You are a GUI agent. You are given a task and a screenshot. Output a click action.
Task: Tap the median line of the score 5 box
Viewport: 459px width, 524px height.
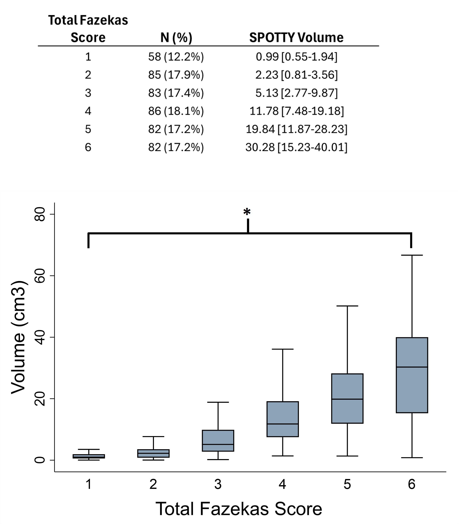(x=347, y=399)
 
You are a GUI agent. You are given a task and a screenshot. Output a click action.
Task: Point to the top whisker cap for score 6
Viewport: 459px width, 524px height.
(x=412, y=255)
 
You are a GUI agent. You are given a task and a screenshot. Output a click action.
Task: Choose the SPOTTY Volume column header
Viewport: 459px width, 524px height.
(x=296, y=38)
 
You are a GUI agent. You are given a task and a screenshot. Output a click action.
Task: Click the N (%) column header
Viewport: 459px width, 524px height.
(x=176, y=38)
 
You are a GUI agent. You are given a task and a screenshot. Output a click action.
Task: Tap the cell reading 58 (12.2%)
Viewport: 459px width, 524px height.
(x=176, y=57)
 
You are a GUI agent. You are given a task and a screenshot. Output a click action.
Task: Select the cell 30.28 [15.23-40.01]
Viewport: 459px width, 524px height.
(x=296, y=147)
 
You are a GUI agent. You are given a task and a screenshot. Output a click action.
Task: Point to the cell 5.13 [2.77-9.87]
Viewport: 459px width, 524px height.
(x=296, y=93)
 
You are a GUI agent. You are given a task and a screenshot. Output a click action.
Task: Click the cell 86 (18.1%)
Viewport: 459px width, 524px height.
(x=176, y=111)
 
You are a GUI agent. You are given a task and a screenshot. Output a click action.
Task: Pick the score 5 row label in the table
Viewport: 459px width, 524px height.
(x=88, y=129)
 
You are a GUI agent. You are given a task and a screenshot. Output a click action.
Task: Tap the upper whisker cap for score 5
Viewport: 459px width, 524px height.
(x=347, y=306)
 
